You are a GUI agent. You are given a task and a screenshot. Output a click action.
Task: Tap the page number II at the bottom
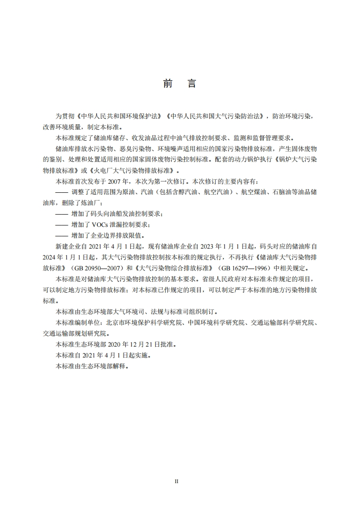[x=177, y=481]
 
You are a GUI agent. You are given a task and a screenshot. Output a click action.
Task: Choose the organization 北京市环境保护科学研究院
[x=144, y=323]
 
